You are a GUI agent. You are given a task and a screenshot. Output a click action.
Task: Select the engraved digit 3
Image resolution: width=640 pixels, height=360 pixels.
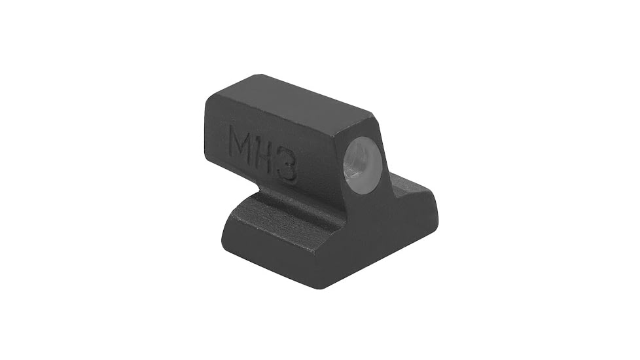pos(286,168)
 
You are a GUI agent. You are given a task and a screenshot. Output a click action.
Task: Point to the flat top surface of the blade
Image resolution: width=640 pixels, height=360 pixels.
pos(294,98)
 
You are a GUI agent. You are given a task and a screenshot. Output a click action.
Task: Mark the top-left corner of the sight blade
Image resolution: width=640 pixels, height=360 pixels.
pos(208,98)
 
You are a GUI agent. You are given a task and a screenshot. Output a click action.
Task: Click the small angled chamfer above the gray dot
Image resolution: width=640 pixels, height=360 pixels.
pos(364,128)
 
